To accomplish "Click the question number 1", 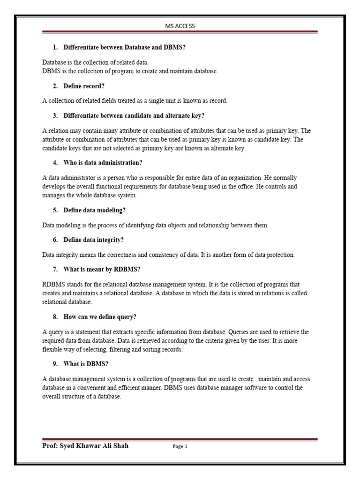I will (55, 47).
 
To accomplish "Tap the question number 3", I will (55, 116).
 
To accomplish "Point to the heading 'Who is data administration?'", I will (103, 163).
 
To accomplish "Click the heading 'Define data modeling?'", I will (94, 210).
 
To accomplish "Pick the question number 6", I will (55, 240).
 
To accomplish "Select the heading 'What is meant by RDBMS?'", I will (102, 269).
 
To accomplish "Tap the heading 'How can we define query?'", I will (100, 317).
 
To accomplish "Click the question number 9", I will (55, 364).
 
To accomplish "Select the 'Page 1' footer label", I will (180, 447).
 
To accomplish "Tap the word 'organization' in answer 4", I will (244, 178).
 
